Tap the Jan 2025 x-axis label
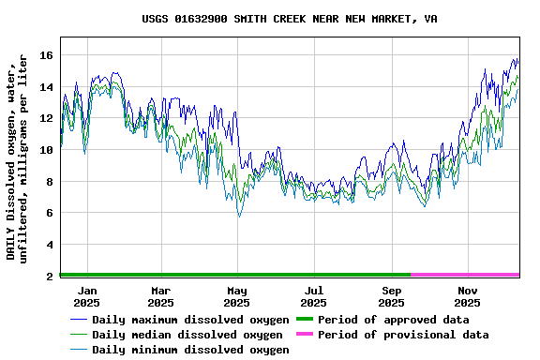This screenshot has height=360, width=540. coord(86,297)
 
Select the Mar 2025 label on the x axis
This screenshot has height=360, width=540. coord(160,297)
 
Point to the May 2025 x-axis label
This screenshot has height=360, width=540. coord(236,297)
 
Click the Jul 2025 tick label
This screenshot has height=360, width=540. coord(313,297)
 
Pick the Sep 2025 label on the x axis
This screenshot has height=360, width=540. coord(391,297)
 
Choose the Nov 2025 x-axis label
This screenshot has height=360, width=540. coord(467,297)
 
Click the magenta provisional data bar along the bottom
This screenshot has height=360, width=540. coord(464,275)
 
